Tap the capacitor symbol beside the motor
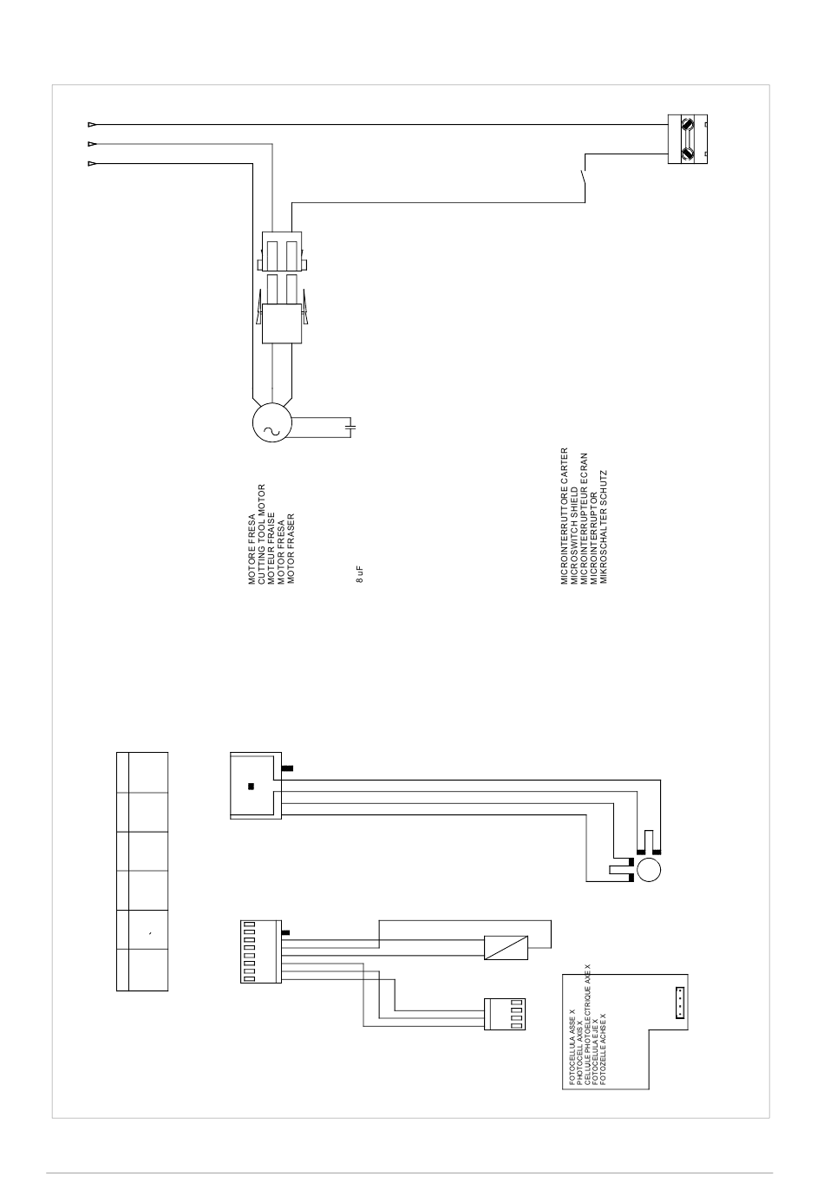pos(350,427)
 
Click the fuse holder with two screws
pos(688,139)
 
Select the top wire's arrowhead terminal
pos(92,124)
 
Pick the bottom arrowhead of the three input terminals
pos(92,163)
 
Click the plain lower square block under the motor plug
pos(280,324)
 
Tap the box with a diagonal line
pos(501,947)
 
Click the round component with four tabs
pos(648,870)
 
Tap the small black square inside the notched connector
pos(251,787)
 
